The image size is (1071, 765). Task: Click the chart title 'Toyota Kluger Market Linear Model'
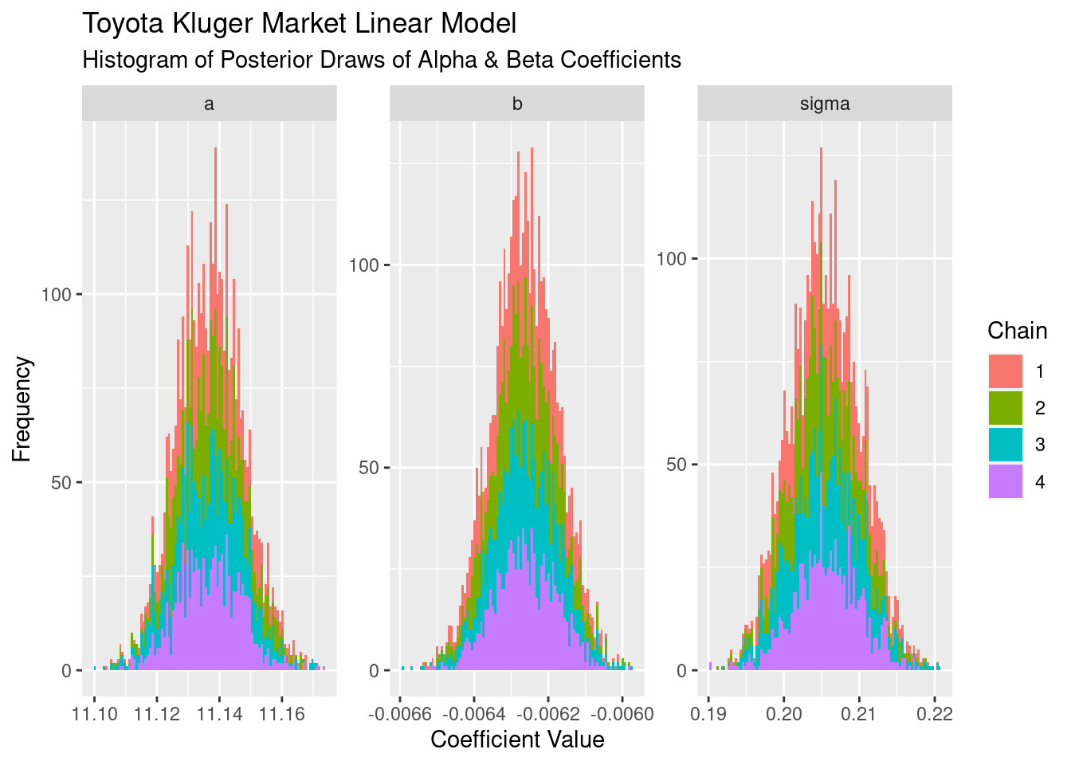[x=299, y=24]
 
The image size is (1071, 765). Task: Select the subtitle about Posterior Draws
[x=382, y=60]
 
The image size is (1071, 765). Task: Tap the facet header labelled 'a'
[x=209, y=104]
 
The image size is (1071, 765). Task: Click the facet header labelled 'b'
[x=517, y=104]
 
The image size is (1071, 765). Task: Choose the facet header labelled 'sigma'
[x=825, y=104]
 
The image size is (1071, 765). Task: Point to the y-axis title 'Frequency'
[x=22, y=409]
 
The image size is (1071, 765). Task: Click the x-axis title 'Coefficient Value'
[x=517, y=739]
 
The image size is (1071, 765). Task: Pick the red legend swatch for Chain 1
[x=1005, y=371]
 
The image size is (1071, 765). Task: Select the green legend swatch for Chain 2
[x=1005, y=408]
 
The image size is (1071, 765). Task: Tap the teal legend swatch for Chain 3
[x=1005, y=445]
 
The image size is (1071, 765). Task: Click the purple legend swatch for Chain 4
[x=1005, y=481]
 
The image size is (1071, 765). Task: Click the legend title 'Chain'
[x=1017, y=331]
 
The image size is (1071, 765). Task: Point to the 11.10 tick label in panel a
[x=95, y=713]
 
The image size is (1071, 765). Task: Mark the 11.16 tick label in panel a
[x=281, y=713]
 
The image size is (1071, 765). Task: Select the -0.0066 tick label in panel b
[x=400, y=713]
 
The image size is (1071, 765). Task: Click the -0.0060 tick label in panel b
[x=622, y=713]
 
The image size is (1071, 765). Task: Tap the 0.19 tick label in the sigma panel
[x=708, y=713]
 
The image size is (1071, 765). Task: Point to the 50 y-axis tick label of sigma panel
[x=676, y=465]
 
